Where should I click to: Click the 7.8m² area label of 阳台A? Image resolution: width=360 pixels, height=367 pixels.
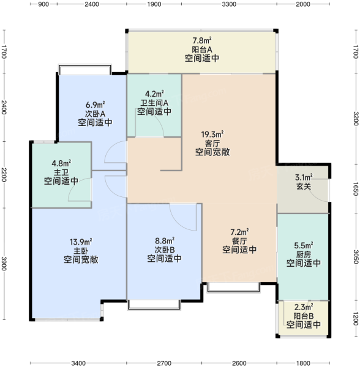pyautogui.click(x=202, y=40)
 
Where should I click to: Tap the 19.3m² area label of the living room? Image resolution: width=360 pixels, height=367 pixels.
pyautogui.click(x=212, y=135)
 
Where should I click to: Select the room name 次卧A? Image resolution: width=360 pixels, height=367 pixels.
pyautogui.click(x=95, y=114)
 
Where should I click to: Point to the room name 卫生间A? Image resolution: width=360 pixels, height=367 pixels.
pyautogui.click(x=154, y=103)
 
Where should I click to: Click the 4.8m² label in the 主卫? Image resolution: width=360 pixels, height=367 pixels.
pyautogui.click(x=61, y=163)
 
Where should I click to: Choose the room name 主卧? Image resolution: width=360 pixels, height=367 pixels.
pyautogui.click(x=81, y=251)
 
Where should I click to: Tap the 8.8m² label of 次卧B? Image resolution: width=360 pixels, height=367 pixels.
pyautogui.click(x=165, y=240)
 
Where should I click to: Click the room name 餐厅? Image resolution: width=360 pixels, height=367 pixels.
pyautogui.click(x=239, y=241)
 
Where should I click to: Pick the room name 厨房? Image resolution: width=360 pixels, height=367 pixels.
pyautogui.click(x=304, y=254)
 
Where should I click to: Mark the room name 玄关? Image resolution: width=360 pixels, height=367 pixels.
pyautogui.click(x=304, y=187)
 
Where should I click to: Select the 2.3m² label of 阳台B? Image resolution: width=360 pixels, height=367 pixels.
pyautogui.click(x=304, y=307)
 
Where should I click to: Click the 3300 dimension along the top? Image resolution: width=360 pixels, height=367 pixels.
pyautogui.click(x=229, y=4)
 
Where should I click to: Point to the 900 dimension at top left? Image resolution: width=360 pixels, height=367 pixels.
pyautogui.click(x=43, y=4)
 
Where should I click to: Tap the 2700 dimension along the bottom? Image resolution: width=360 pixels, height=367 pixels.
pyautogui.click(x=164, y=363)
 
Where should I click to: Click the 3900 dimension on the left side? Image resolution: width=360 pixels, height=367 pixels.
pyautogui.click(x=4, y=264)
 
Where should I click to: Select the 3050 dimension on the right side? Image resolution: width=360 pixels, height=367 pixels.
pyautogui.click(x=356, y=257)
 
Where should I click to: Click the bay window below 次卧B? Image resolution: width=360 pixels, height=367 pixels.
pyautogui.click(x=154, y=305)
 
